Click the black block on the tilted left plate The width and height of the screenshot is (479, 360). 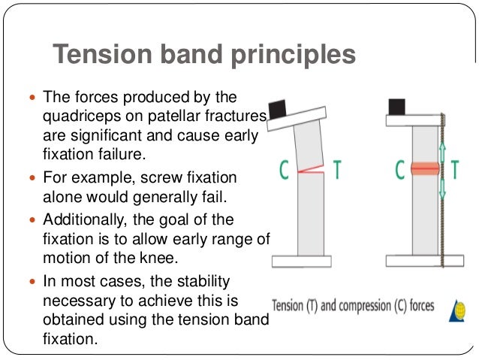coord(279,110)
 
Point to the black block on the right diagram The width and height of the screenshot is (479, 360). coord(397,106)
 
